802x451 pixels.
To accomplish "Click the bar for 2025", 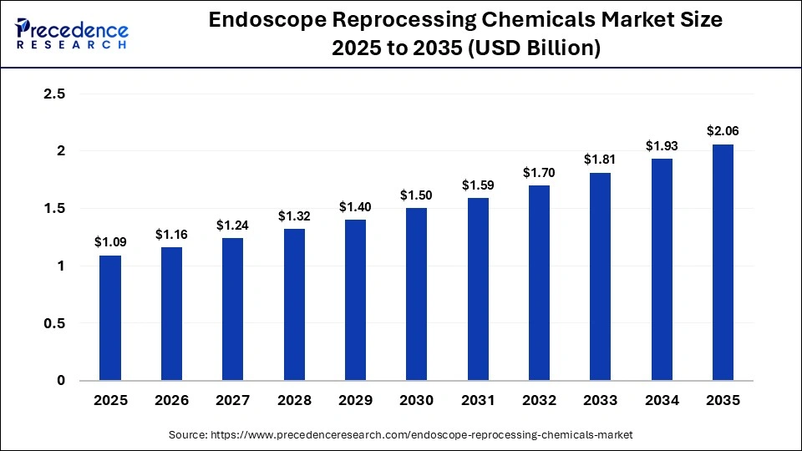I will click(110, 318).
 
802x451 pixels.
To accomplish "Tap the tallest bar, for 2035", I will click(723, 262).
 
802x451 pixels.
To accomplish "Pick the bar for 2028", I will click(294, 305).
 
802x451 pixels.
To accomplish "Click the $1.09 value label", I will click(110, 242).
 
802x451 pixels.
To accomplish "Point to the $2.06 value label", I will click(723, 131).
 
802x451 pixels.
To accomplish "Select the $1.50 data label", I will click(417, 195).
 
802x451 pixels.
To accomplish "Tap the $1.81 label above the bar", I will click(601, 160).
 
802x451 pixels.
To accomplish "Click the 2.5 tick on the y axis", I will click(54, 94).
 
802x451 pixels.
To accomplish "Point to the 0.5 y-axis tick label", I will click(54, 323).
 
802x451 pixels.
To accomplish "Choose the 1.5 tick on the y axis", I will click(54, 209).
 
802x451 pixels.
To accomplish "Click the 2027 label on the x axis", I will click(233, 401).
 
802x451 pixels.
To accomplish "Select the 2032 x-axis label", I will click(539, 401).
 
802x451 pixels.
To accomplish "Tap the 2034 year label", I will click(662, 401).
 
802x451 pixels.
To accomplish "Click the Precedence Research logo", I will click(72, 34).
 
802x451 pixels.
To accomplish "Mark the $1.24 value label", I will click(233, 225).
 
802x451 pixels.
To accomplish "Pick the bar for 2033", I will click(601, 276).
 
